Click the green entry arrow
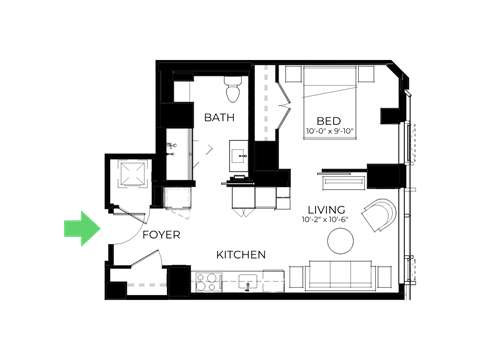82,229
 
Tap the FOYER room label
161,235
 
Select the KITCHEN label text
241,255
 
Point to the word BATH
219,118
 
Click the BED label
329,121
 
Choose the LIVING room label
326,210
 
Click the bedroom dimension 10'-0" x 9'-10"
329,131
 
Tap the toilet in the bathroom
233,89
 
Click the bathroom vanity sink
239,156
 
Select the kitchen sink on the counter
247,281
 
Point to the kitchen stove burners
209,282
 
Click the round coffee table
340,241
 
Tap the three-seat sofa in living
340,275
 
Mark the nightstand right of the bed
366,74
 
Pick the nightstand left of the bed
293,74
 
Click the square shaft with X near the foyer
133,173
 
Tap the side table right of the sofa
384,277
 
